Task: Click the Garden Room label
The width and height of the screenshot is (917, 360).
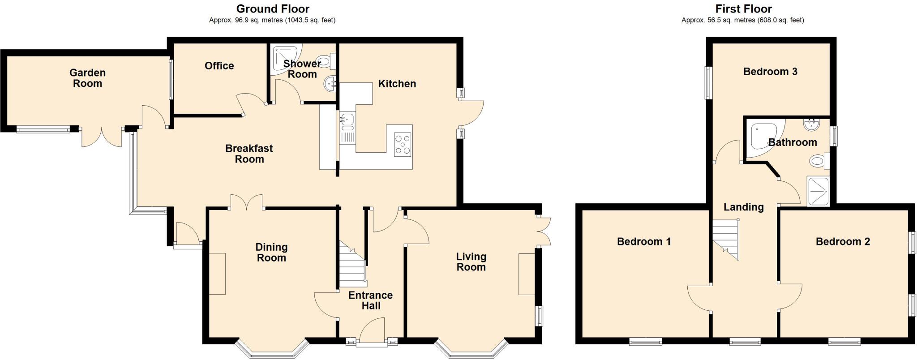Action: point(87,78)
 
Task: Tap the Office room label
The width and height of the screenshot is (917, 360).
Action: point(219,66)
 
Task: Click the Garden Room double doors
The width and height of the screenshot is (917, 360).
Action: point(102,137)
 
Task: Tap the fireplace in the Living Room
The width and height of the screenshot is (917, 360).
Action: point(527,274)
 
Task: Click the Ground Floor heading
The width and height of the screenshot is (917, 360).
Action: point(272,9)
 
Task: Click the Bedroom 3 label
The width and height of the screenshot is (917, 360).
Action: point(770,72)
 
